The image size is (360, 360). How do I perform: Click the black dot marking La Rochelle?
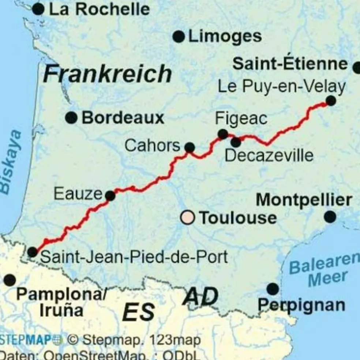(38, 9)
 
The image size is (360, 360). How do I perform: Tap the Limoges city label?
(225, 37)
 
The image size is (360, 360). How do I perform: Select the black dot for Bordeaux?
(71, 118)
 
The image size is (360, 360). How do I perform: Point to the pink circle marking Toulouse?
(188, 217)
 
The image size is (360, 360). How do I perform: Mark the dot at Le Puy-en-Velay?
(331, 101)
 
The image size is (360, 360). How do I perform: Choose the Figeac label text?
(241, 119)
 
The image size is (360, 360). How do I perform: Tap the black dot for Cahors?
(190, 147)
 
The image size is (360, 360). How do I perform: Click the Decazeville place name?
(269, 155)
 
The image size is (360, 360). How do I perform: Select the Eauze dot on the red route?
(110, 196)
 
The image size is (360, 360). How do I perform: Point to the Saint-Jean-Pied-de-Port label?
(134, 257)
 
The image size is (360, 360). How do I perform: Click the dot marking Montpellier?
(330, 217)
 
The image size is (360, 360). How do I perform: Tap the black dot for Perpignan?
(273, 289)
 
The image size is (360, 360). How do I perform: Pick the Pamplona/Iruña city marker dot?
(10, 280)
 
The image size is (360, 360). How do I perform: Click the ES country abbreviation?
(138, 312)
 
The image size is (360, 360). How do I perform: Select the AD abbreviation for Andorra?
(200, 296)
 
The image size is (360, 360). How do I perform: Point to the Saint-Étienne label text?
(290, 64)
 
